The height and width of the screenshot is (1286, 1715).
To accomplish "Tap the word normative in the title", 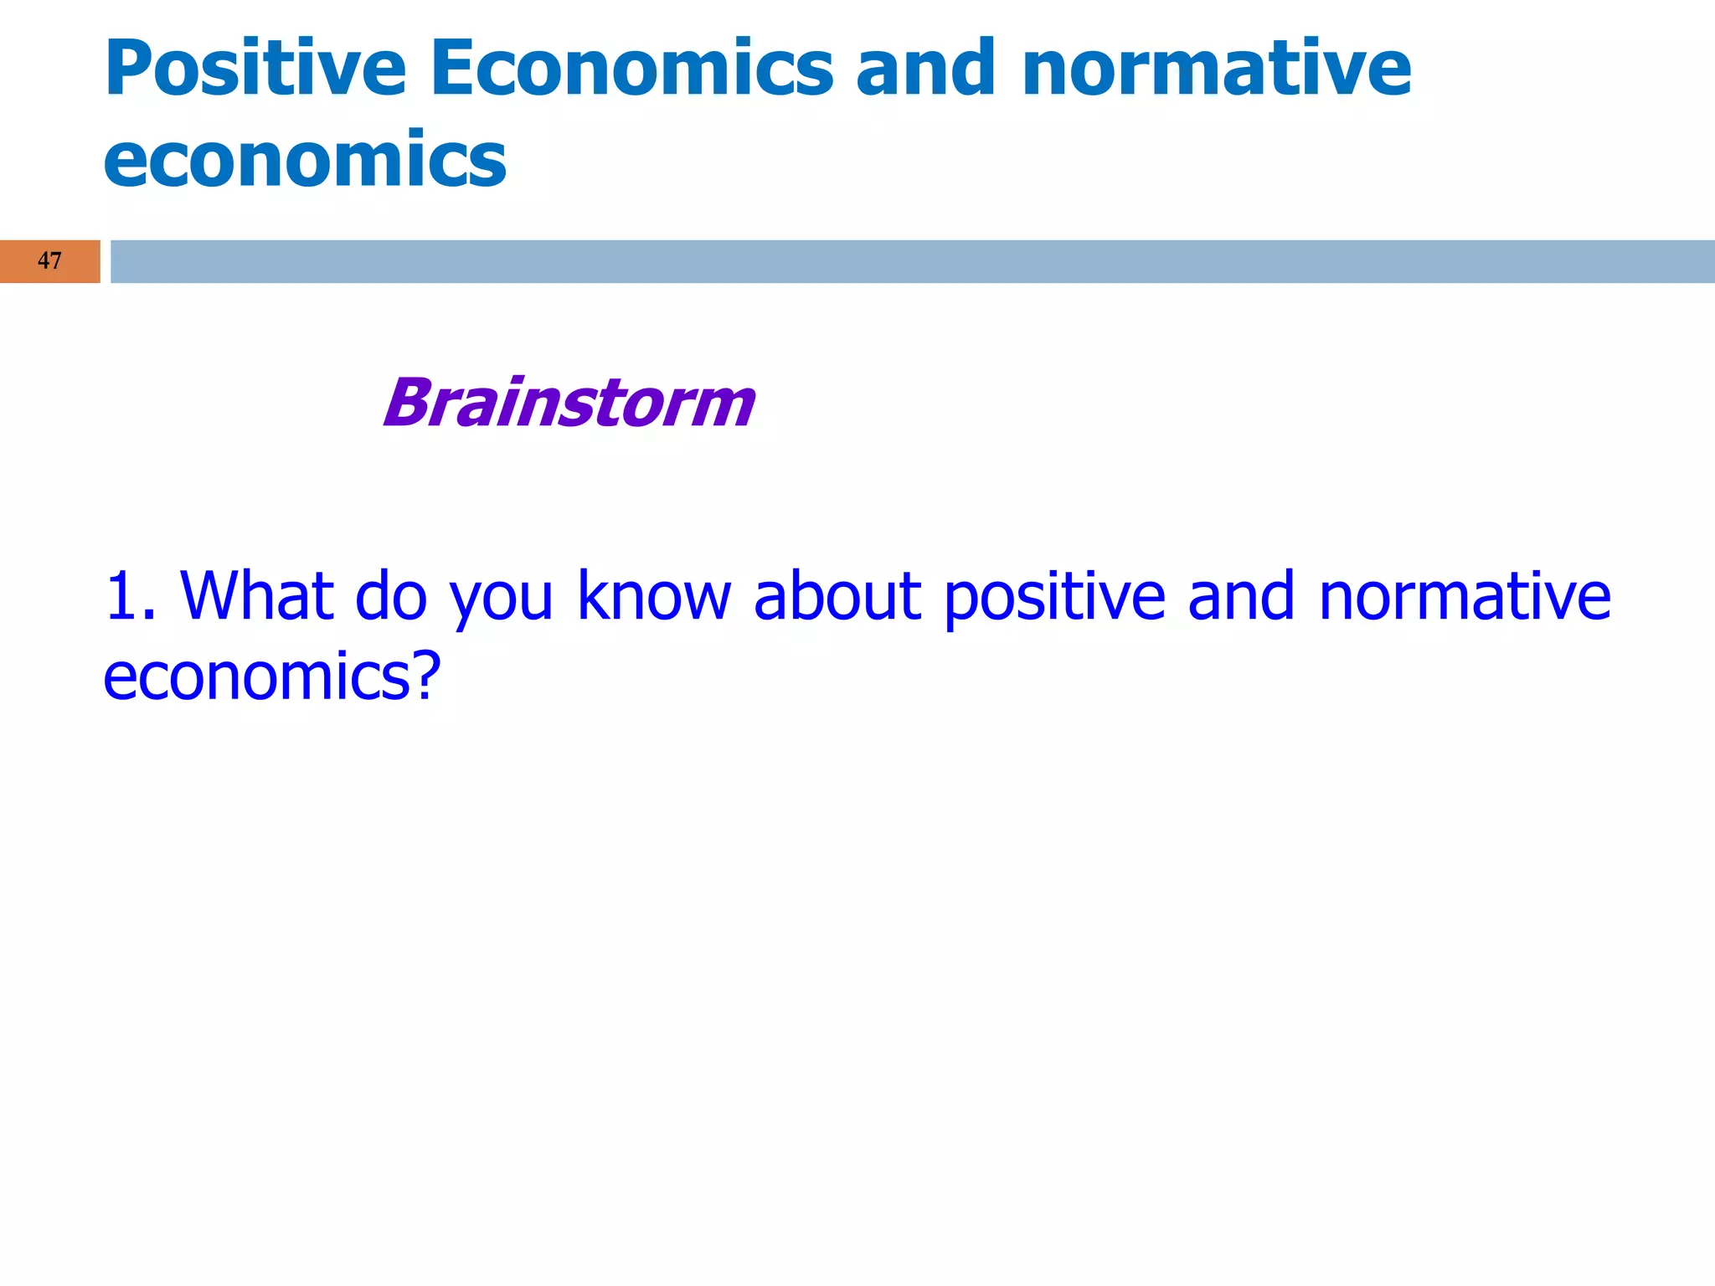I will tap(1217, 69).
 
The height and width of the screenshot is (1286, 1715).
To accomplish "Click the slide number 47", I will tap(49, 261).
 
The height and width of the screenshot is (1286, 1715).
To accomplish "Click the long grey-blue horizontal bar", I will tap(913, 261).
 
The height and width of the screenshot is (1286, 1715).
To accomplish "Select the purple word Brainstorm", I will tap(569, 404).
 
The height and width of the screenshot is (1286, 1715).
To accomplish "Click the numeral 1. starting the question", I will tap(130, 596).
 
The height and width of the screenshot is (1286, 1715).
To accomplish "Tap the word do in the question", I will tap(391, 596).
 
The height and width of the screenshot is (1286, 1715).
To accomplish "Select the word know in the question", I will tap(654, 596).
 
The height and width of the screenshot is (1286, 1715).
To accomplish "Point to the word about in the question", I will tap(837, 596).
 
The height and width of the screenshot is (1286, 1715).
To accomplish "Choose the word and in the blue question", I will tap(1241, 596).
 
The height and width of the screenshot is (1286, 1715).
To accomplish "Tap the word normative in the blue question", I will tap(1465, 596).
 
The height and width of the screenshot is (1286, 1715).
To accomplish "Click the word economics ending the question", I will tap(256, 676).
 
